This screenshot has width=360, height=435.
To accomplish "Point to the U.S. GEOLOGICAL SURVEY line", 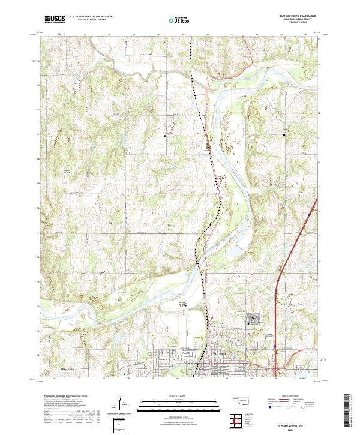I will tap(86, 19).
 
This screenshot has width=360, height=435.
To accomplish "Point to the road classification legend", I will tap(287, 403).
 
